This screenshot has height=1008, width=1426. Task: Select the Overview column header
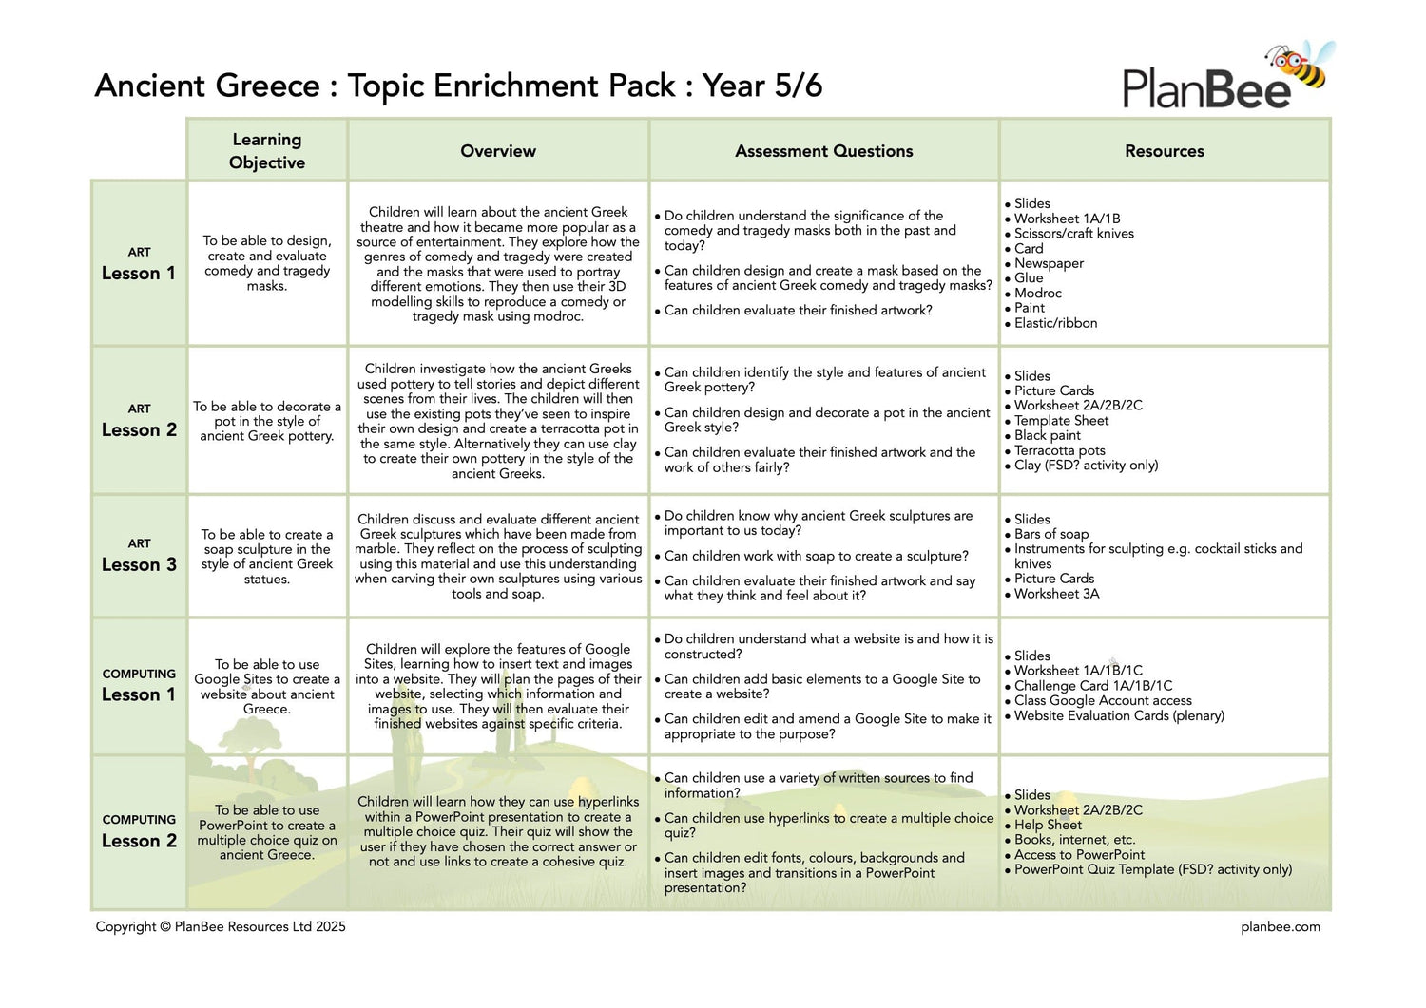[x=498, y=151]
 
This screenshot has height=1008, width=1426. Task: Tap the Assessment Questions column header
[x=823, y=151]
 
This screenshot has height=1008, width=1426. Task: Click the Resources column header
[x=1164, y=151]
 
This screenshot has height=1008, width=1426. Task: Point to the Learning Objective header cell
[x=267, y=151]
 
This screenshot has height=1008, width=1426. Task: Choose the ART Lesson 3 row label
[x=139, y=556]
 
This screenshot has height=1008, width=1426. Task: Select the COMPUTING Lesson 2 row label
[x=139, y=832]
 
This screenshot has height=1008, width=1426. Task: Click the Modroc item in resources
[x=1037, y=294]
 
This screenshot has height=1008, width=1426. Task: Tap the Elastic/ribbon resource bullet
[x=1055, y=323]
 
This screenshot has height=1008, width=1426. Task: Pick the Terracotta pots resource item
[x=1059, y=450]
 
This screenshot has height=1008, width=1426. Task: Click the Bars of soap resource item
[x=1051, y=534]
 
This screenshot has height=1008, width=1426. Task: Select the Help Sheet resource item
[x=1048, y=825]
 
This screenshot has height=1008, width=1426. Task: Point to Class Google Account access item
[x=1103, y=700]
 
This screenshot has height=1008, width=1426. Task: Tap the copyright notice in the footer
[x=221, y=926]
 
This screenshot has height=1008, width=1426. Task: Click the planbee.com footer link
[x=1280, y=926]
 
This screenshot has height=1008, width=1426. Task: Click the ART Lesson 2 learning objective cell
[x=267, y=421]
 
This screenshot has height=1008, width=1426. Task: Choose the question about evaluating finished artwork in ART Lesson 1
[x=798, y=310]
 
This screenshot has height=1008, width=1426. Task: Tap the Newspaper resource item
[x=1049, y=263]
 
